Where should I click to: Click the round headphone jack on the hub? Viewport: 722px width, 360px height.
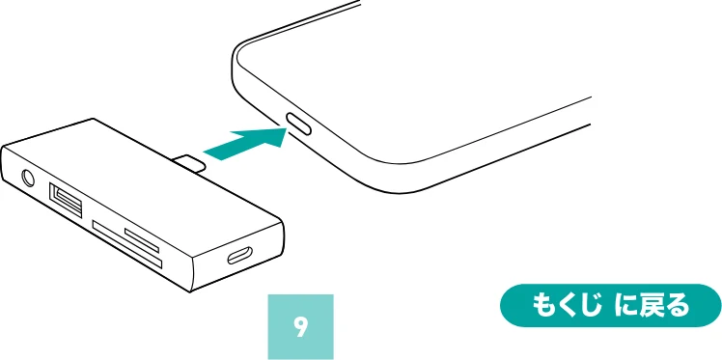point(27,179)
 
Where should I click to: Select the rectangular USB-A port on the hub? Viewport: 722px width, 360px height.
point(66,200)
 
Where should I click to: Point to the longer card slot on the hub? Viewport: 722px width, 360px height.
point(127,245)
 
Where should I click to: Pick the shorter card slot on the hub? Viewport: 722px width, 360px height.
point(142,240)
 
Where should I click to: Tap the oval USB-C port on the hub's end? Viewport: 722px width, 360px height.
point(240,255)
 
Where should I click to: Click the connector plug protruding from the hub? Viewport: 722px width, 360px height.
point(190,162)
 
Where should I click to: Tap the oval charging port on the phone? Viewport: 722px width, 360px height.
point(299,125)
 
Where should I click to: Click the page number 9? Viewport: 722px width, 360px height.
point(300,327)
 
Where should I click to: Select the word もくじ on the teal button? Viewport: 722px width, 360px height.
point(566,306)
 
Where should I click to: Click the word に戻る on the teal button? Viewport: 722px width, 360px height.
point(652,306)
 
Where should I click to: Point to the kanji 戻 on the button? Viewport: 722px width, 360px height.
point(652,306)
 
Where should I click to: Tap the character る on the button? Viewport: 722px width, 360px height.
point(678,306)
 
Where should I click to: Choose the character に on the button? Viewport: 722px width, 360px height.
point(625,306)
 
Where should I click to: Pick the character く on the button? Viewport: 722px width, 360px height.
point(566,306)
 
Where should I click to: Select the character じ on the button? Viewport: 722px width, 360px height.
point(591,306)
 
